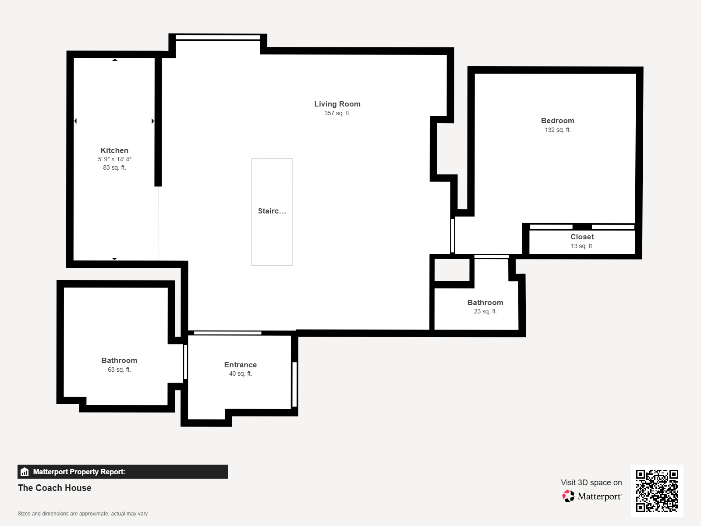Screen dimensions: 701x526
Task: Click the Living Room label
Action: click(337, 104)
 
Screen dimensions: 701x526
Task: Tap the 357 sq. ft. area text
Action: click(337, 114)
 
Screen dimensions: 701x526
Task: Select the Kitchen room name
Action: click(114, 151)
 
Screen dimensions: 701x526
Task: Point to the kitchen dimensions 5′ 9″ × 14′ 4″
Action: click(114, 159)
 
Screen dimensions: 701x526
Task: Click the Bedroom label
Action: click(558, 121)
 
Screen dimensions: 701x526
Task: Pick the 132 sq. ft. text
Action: click(558, 130)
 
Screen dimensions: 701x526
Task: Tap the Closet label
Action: click(582, 237)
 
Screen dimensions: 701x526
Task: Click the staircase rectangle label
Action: click(272, 211)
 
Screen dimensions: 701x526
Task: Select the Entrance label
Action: click(241, 365)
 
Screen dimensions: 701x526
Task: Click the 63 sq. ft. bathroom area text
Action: click(119, 370)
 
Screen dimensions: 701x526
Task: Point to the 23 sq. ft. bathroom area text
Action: click(485, 311)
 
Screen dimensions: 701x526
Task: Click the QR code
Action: click(657, 490)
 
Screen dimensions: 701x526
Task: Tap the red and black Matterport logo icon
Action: click(568, 496)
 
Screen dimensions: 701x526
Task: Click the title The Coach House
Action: click(55, 488)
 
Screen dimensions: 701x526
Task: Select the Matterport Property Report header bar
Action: click(123, 472)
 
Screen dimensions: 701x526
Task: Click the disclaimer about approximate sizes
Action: click(82, 514)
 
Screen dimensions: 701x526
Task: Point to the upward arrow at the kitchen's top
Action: click(115, 60)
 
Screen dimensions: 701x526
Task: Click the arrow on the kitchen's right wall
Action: click(152, 121)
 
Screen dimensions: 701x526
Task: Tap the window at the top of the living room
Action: click(218, 37)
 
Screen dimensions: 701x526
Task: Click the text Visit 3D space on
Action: click(591, 483)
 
